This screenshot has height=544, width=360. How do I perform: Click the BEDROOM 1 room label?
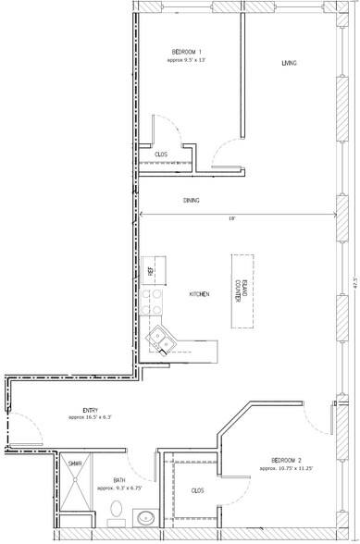(187, 51)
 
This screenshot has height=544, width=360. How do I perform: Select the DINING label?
(192, 201)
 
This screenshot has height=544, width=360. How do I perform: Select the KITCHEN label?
(199, 294)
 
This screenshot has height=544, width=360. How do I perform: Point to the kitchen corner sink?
(162, 340)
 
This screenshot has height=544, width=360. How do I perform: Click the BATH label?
(120, 480)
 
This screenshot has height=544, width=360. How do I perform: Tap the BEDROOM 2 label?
(288, 460)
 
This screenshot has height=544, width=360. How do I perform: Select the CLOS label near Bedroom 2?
(197, 491)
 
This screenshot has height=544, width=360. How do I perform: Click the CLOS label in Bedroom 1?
(160, 155)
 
